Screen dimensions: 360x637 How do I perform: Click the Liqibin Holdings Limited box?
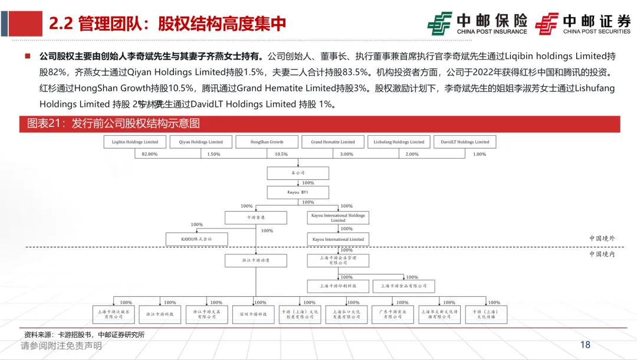pyautogui.click(x=135, y=142)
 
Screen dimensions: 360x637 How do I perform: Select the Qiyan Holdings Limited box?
pyautogui.click(x=201, y=142)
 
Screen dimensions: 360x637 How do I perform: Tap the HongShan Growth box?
pyautogui.click(x=267, y=142)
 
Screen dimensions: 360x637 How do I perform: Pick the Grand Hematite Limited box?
pyautogui.click(x=333, y=142)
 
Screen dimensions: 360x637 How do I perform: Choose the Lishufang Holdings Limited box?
pyautogui.click(x=399, y=142)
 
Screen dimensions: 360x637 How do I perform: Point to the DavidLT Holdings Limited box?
pyautogui.click(x=465, y=142)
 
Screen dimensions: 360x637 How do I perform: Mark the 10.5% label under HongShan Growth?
pyautogui.click(x=281, y=154)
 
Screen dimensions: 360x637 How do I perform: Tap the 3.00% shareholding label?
pyautogui.click(x=347, y=154)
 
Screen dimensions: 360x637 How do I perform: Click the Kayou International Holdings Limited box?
pyautogui.click(x=338, y=218)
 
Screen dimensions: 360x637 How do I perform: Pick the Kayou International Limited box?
pyautogui.click(x=338, y=239)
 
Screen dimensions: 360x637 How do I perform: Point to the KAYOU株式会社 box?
pyautogui.click(x=196, y=239)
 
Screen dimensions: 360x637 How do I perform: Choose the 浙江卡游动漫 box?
pyautogui.click(x=255, y=260)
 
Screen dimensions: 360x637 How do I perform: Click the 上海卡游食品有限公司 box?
pyautogui.click(x=403, y=286)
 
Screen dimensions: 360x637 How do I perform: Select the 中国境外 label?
pyautogui.click(x=601, y=238)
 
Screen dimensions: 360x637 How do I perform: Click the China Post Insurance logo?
pyautogui.click(x=478, y=24)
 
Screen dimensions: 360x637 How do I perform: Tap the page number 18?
pyautogui.click(x=585, y=345)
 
